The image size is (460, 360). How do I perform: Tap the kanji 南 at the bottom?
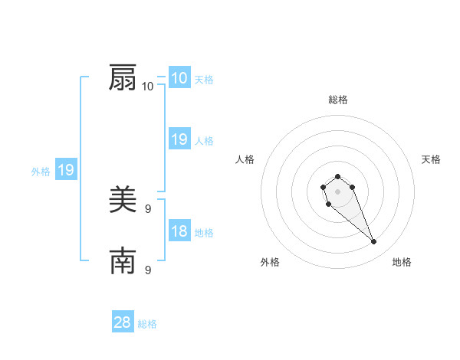click(x=123, y=262)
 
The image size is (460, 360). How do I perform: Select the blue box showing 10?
click(x=179, y=78)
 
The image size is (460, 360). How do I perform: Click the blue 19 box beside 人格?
click(x=179, y=139)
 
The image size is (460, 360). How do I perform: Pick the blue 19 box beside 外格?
click(x=66, y=171)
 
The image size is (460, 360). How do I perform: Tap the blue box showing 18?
click(x=179, y=231)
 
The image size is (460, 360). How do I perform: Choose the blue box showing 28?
click(x=123, y=322)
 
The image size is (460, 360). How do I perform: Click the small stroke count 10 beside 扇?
click(x=148, y=86)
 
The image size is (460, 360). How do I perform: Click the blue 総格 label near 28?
click(x=147, y=324)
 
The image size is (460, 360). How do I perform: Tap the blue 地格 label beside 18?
click(x=204, y=233)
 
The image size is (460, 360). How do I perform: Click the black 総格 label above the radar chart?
click(x=338, y=100)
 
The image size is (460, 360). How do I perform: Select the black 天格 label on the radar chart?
click(x=431, y=159)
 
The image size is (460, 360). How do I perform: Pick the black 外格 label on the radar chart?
click(x=270, y=262)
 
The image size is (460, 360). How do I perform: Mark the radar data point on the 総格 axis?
click(x=337, y=176)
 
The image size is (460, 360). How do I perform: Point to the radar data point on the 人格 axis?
click(x=324, y=186)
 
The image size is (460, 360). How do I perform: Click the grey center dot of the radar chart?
click(x=337, y=191)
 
